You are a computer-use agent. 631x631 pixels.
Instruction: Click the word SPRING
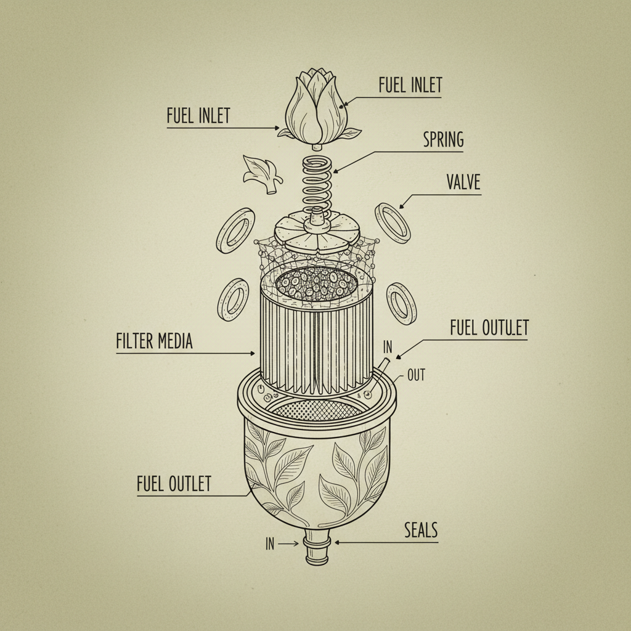click(443, 140)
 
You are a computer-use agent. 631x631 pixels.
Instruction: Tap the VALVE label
click(462, 182)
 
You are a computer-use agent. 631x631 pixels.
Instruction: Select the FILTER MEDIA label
click(154, 341)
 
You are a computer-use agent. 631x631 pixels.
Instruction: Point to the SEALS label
click(421, 529)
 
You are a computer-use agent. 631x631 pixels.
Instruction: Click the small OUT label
click(416, 375)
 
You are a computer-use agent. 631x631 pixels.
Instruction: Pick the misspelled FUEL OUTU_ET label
click(489, 328)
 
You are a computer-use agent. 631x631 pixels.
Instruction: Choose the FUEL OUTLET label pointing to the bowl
click(174, 484)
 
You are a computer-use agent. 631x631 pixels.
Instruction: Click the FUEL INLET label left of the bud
click(198, 116)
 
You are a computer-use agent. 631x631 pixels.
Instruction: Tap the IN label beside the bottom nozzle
click(270, 543)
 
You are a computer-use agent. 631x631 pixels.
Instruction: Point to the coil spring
click(316, 183)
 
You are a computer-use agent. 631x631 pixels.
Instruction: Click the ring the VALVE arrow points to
click(393, 223)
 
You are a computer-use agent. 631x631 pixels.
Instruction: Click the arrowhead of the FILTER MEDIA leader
click(253, 354)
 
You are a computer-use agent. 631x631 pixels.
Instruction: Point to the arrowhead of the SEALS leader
click(336, 543)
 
